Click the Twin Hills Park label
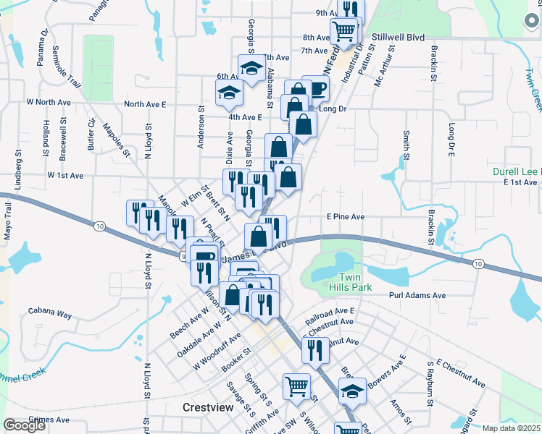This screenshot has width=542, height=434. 354,283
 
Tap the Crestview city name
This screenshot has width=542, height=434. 208,408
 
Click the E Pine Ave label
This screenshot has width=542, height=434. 345,216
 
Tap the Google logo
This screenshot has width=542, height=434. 25,425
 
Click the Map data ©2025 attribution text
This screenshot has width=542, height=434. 511,428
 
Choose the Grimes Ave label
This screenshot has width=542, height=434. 49,420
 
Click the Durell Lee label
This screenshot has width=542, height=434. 515,171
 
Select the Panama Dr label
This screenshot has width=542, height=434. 41,45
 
